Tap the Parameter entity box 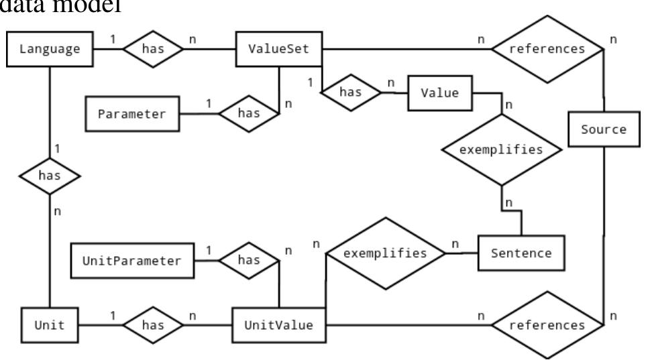(x=131, y=113)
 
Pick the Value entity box (x=439, y=93)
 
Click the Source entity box (x=604, y=129)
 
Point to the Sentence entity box (x=521, y=253)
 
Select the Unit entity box (x=50, y=325)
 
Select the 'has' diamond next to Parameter (x=248, y=113)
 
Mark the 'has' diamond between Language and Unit (x=50, y=176)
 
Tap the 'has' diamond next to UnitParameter (x=248, y=260)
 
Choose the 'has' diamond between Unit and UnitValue (x=152, y=325)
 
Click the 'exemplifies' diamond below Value (x=500, y=149)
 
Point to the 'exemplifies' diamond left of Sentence (x=386, y=253)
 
